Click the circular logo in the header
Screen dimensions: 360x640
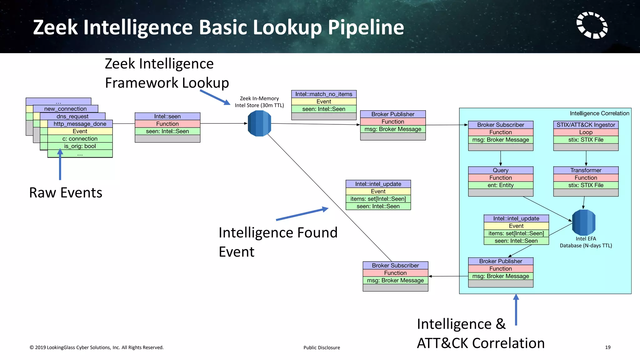592,25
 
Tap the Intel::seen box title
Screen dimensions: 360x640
167,116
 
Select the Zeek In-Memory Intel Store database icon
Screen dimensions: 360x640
259,123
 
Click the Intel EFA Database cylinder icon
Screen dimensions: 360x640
584,222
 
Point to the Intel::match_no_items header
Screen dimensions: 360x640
324,94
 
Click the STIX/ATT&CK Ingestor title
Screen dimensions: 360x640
586,125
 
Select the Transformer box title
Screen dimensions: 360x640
586,170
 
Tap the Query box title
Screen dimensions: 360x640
501,170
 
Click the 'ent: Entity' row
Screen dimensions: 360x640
501,185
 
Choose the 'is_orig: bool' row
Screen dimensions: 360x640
80,146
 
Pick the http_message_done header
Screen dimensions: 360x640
80,124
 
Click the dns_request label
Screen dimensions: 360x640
72,116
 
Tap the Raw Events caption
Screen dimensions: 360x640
66,192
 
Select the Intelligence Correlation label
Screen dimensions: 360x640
599,113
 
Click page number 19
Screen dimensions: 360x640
607,347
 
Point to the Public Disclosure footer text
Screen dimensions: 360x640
322,347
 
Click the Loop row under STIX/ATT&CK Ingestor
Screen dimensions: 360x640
586,132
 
